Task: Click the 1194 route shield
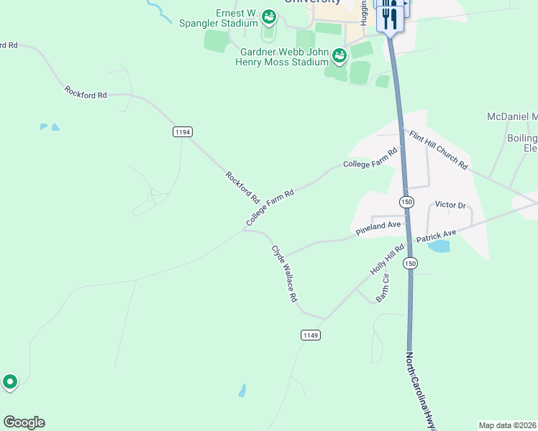(183, 131)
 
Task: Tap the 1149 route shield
(310, 335)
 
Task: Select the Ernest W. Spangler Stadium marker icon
(269, 16)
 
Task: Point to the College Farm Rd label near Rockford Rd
(270, 208)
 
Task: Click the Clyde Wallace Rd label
(284, 273)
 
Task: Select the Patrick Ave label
(436, 235)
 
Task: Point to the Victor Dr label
(450, 205)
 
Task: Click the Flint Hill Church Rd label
(438, 150)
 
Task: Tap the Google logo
(24, 422)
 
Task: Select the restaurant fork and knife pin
(389, 17)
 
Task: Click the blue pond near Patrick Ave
(439, 246)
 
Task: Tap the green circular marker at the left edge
(10, 381)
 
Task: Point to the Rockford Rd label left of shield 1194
(85, 93)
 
